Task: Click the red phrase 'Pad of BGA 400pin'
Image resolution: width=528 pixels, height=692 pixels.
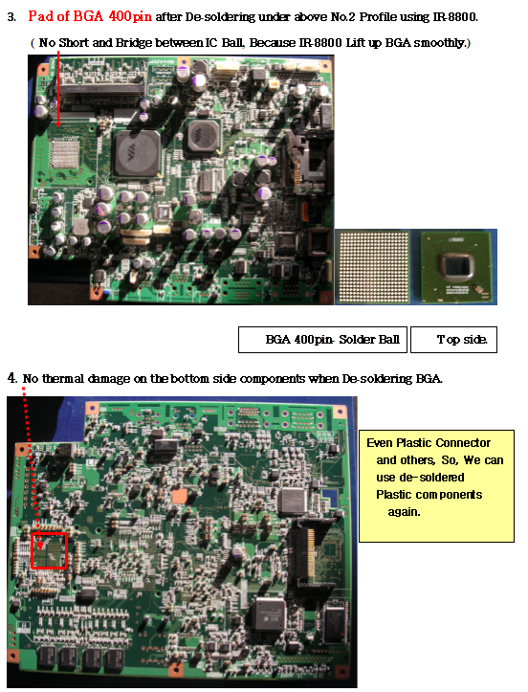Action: pyautogui.click(x=90, y=16)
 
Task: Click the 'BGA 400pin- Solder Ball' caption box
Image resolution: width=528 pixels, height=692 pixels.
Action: pyautogui.click(x=322, y=340)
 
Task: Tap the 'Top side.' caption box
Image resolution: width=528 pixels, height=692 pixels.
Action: pyautogui.click(x=454, y=340)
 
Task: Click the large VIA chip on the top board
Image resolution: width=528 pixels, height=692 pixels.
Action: pyautogui.click(x=138, y=153)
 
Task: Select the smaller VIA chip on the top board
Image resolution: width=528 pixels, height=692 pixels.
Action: pyautogui.click(x=203, y=135)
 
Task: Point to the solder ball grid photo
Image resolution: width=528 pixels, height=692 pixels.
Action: pyautogui.click(x=373, y=267)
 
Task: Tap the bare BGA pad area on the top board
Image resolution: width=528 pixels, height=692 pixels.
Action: pyautogui.click(x=66, y=154)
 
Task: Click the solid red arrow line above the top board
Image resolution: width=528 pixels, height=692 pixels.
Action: pyautogui.click(x=58, y=89)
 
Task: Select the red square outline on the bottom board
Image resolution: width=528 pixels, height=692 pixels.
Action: pyautogui.click(x=49, y=550)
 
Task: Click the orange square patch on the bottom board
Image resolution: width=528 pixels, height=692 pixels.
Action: pyautogui.click(x=180, y=496)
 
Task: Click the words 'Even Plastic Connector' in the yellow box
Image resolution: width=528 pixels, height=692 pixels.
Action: pyautogui.click(x=429, y=442)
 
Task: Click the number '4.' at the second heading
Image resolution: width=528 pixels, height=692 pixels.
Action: pyautogui.click(x=12, y=378)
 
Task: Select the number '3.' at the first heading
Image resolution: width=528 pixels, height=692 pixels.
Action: pyautogui.click(x=11, y=17)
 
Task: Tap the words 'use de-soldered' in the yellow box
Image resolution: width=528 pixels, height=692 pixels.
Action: pyautogui.click(x=420, y=478)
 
